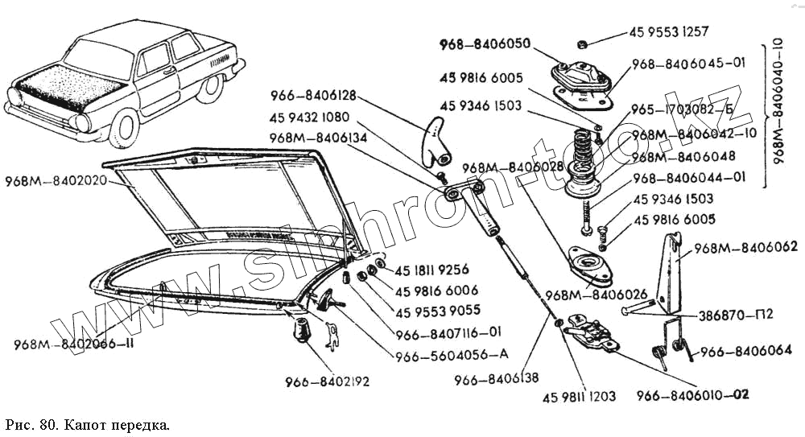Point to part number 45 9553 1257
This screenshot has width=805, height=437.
pyautogui.click(x=669, y=33)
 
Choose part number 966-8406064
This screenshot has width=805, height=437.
pyautogui.click(x=745, y=350)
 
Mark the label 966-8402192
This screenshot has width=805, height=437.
pyautogui.click(x=326, y=381)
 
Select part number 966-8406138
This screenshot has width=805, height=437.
pyautogui.click(x=497, y=377)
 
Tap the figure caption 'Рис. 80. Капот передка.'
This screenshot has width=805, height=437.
pyautogui.click(x=88, y=423)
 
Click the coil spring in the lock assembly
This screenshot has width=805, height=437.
pyautogui.click(x=586, y=145)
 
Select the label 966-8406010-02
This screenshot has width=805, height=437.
pyautogui.click(x=692, y=394)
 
